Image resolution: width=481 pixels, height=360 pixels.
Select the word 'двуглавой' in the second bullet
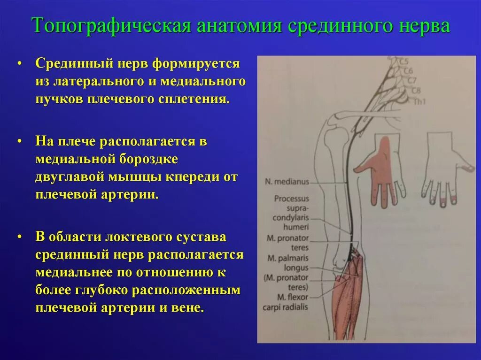(67, 177)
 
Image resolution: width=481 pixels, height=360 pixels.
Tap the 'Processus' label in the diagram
(292, 199)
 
